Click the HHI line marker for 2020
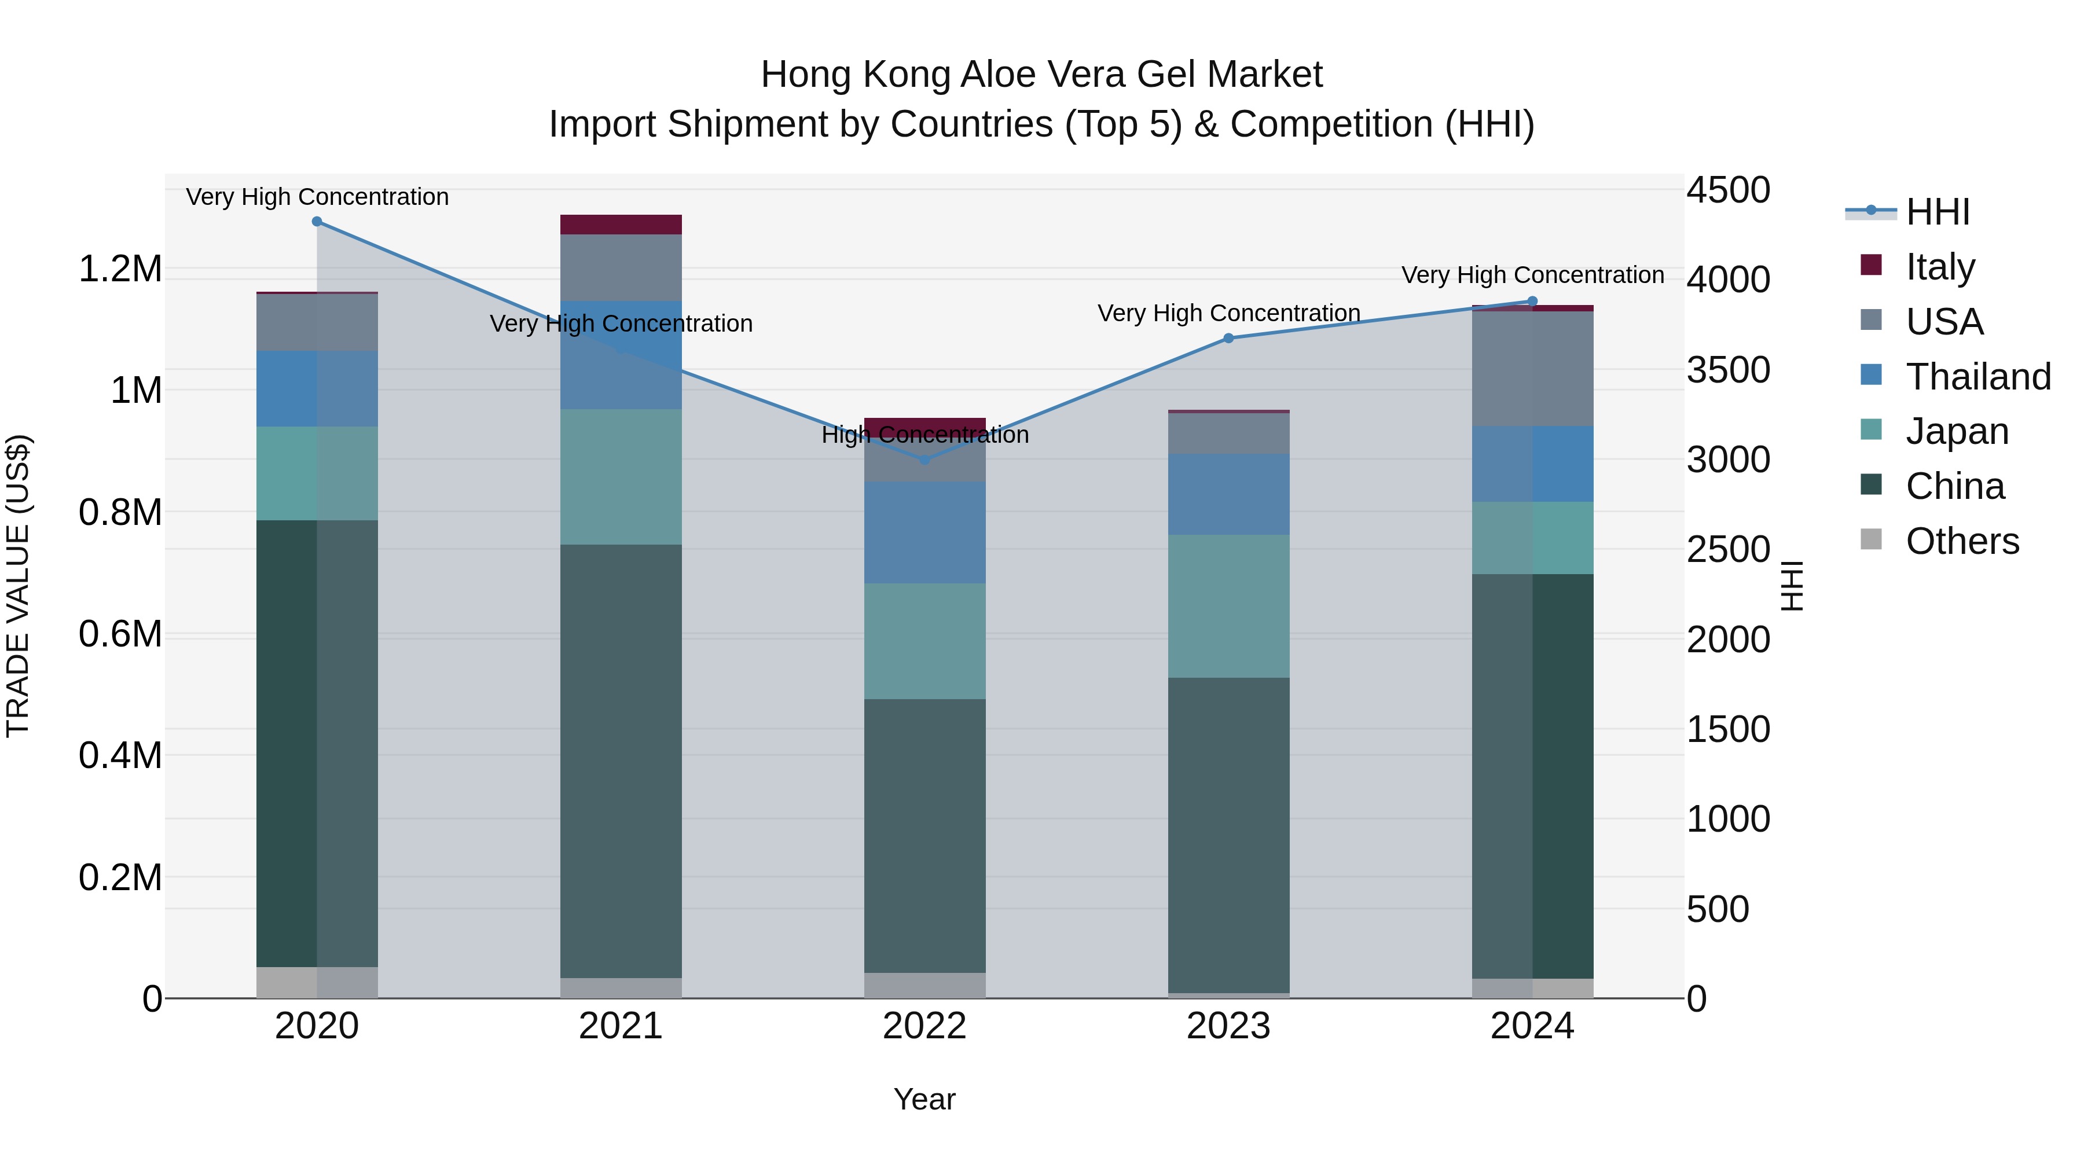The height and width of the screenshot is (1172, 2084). pos(317,222)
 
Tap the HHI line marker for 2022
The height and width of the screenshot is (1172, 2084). pos(924,460)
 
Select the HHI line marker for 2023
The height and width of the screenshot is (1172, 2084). pos(1228,338)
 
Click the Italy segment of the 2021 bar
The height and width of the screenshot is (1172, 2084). pos(621,225)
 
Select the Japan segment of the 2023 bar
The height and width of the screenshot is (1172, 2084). pos(1228,606)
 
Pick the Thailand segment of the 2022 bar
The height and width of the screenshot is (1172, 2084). pos(924,532)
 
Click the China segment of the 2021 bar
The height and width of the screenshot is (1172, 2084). pos(621,760)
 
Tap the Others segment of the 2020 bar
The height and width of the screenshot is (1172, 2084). pos(317,982)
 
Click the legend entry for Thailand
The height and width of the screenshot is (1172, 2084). pos(1977,377)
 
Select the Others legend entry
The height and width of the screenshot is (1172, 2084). pos(1961,541)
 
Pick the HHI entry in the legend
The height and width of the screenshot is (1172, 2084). pos(1937,212)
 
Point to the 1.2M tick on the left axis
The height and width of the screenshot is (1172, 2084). pos(120,269)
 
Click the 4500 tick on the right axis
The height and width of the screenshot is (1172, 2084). pos(1728,191)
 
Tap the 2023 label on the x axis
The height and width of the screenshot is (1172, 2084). pos(1228,1026)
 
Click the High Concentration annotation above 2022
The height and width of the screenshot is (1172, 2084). pos(924,435)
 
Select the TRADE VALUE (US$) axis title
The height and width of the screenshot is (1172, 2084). pos(18,586)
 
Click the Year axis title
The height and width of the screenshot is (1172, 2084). pos(924,1099)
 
